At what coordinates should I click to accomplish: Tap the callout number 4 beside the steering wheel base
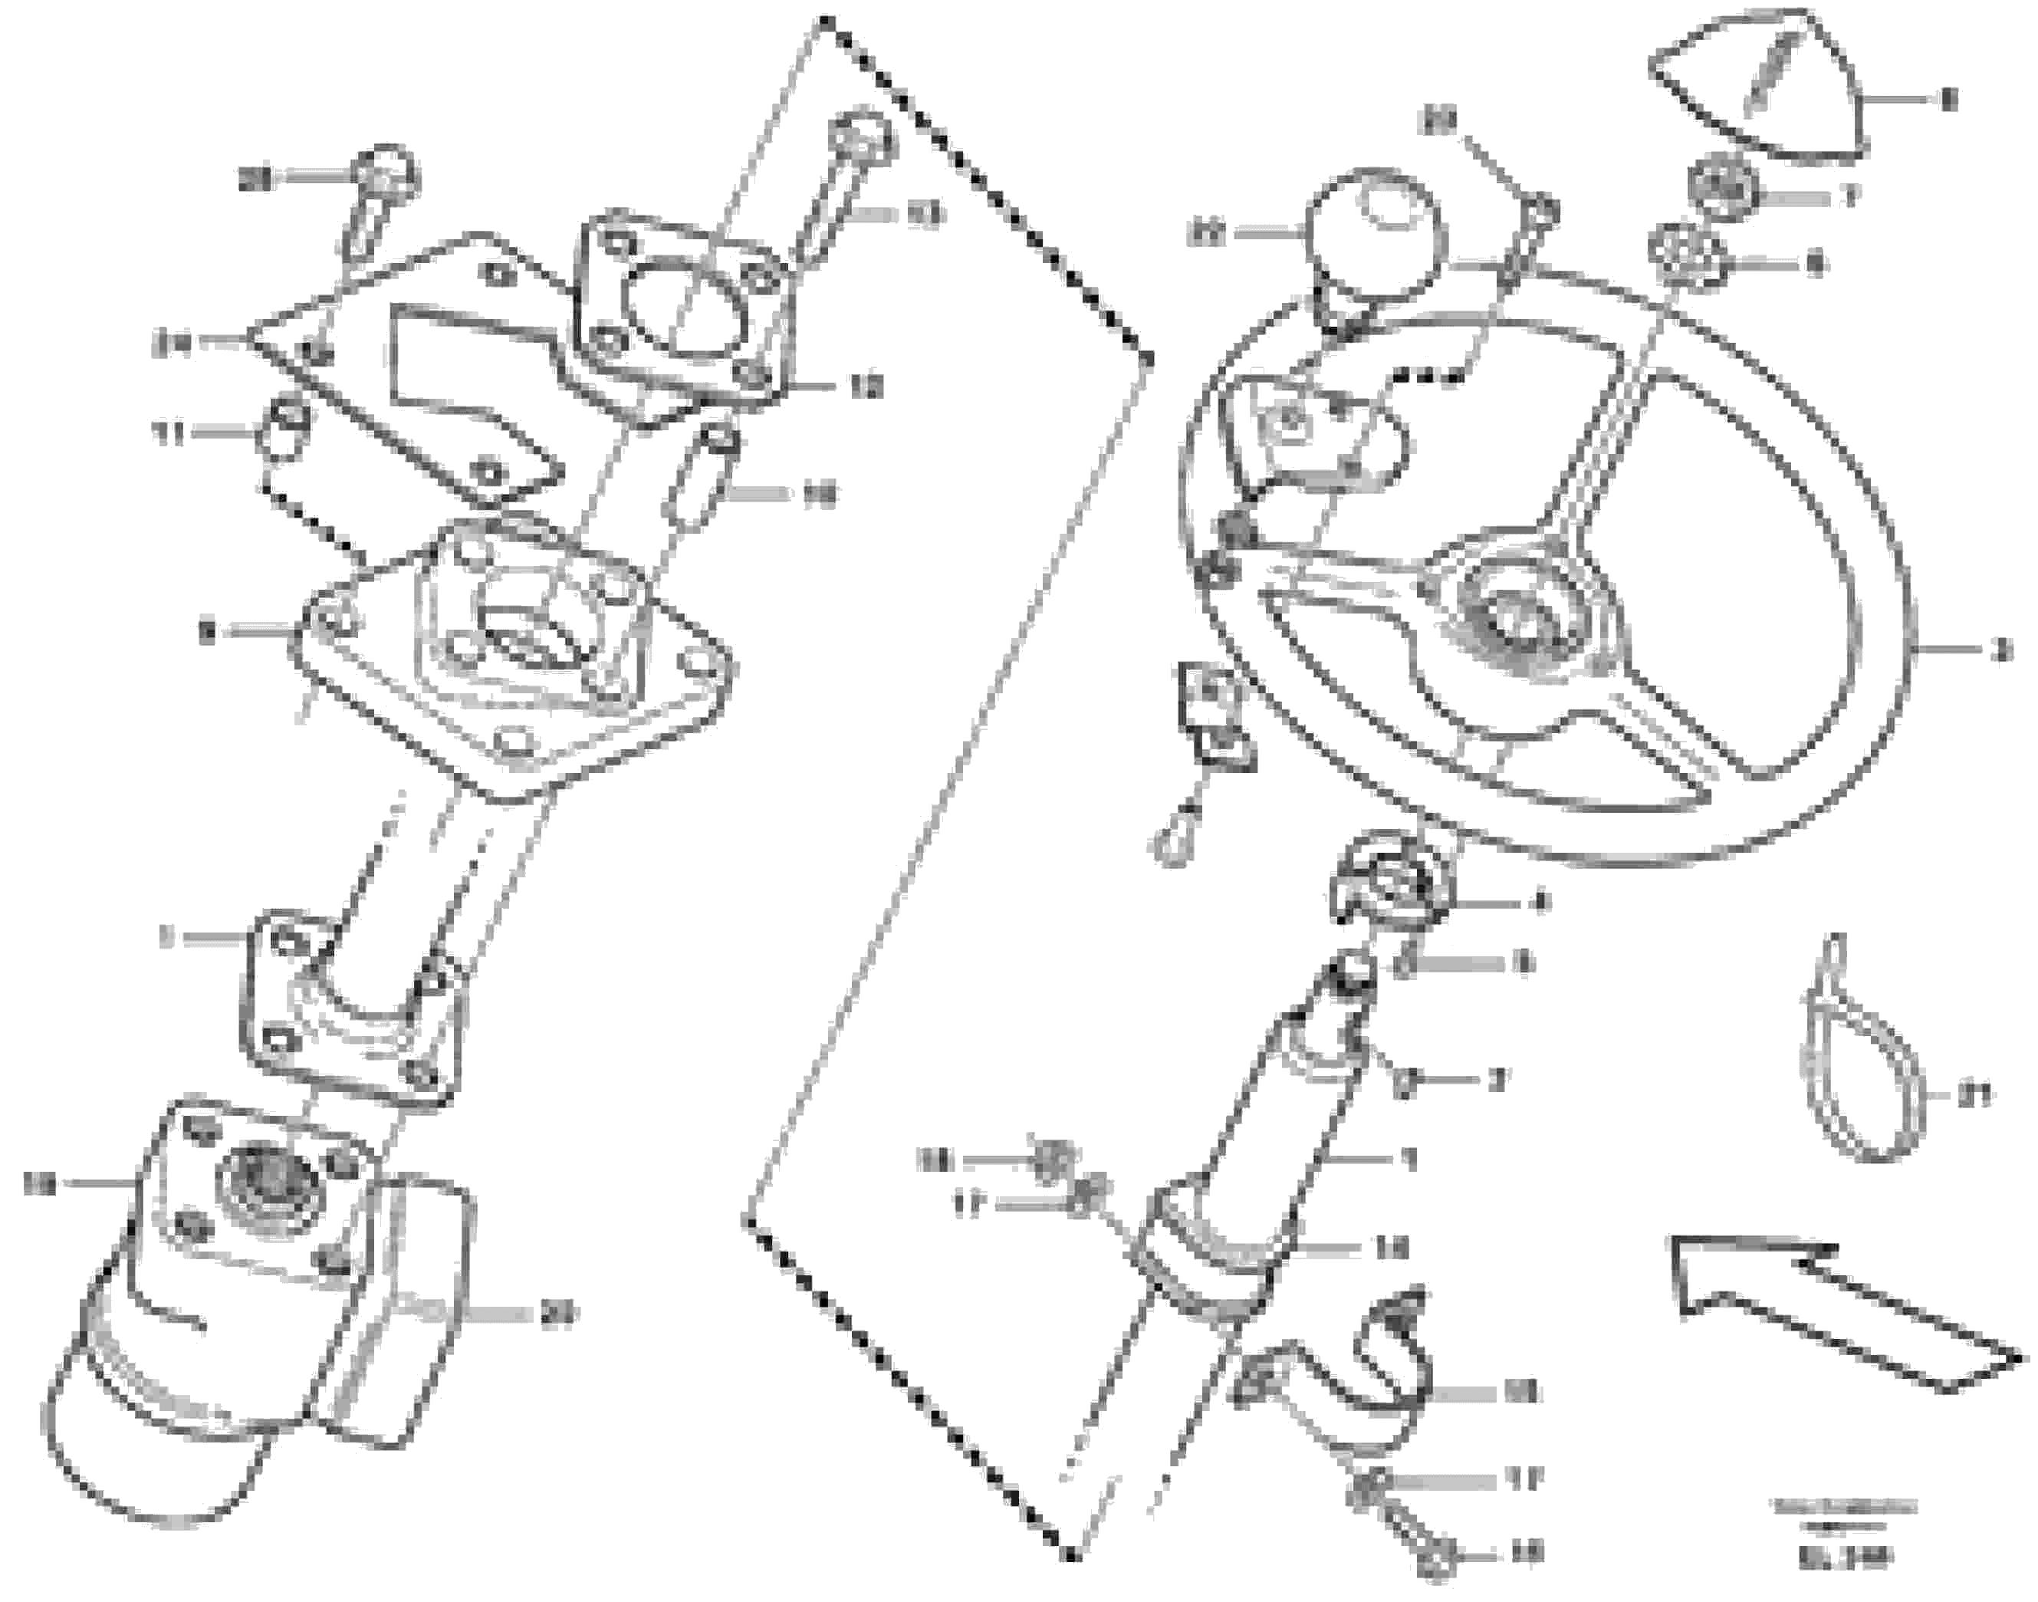[1534, 903]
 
